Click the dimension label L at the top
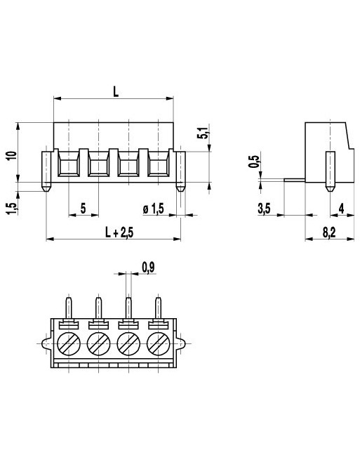tap(114, 91)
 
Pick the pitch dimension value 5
tap(84, 208)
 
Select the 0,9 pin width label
tap(147, 267)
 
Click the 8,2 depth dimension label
tap(328, 231)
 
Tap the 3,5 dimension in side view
tap(265, 208)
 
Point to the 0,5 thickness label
tap(253, 163)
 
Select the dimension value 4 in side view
tap(340, 208)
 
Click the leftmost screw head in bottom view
tap(69, 344)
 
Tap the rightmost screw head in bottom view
tap(159, 344)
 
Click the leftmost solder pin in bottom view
tap(69, 308)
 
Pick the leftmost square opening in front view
tap(69, 166)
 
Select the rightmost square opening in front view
tap(158, 166)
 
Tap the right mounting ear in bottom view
tap(183, 344)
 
